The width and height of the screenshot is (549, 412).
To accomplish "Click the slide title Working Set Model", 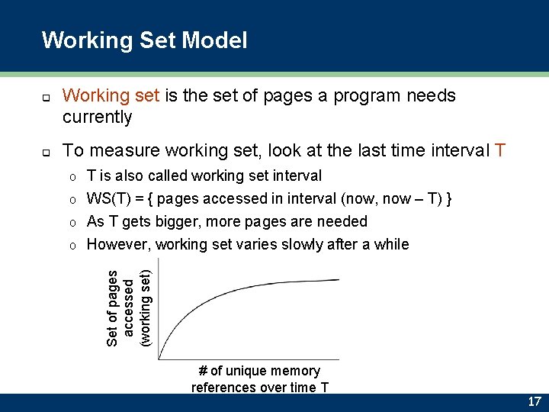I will [144, 40].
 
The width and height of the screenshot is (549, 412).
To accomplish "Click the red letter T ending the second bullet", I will [499, 150].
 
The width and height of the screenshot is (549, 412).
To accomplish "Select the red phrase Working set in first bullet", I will [111, 96].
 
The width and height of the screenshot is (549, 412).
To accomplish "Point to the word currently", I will [98, 117].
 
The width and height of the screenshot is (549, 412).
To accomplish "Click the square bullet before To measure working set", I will [46, 152].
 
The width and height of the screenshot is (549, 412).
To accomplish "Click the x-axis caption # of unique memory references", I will [259, 379].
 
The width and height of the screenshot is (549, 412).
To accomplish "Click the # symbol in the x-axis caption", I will [203, 372].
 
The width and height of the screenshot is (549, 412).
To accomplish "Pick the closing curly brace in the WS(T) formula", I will [450, 199].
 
